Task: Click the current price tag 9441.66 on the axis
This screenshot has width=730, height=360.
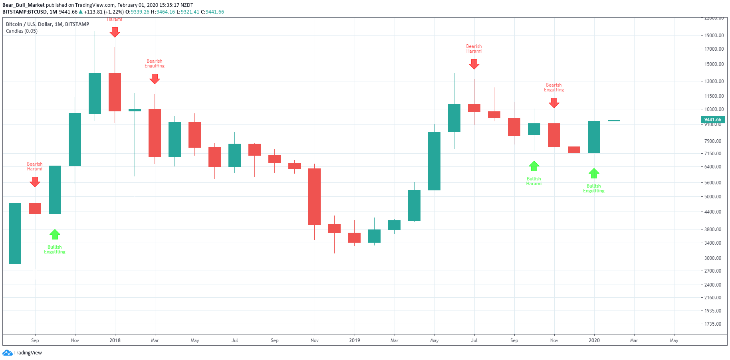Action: pos(713,120)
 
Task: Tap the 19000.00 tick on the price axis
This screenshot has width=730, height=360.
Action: pos(714,35)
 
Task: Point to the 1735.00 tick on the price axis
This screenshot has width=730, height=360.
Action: pos(713,324)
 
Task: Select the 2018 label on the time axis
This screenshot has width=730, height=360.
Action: pos(115,340)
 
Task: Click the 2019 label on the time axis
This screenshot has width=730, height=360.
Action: pos(355,340)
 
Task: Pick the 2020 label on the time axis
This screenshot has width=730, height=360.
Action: pos(594,340)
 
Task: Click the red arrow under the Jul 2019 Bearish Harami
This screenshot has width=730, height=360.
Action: pos(474,64)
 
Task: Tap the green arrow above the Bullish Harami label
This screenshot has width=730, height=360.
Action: pos(534,166)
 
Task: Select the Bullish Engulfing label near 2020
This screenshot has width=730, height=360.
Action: pos(594,188)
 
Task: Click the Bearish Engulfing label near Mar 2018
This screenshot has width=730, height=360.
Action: pos(155,63)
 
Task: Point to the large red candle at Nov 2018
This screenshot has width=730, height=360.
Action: pos(315,196)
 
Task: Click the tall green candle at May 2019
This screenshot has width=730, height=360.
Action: pos(434,161)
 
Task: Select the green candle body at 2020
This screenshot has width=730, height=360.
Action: pos(594,137)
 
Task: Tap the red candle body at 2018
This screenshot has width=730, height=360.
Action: pos(115,92)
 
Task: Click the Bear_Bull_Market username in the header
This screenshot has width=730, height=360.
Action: pos(24,5)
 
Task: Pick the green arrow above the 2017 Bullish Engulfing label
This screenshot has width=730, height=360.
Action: pos(55,234)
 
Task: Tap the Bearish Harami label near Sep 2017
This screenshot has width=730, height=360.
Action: pos(35,166)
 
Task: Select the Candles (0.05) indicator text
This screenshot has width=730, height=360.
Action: pos(22,31)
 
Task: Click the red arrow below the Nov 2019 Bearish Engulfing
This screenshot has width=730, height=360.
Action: pos(554,103)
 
